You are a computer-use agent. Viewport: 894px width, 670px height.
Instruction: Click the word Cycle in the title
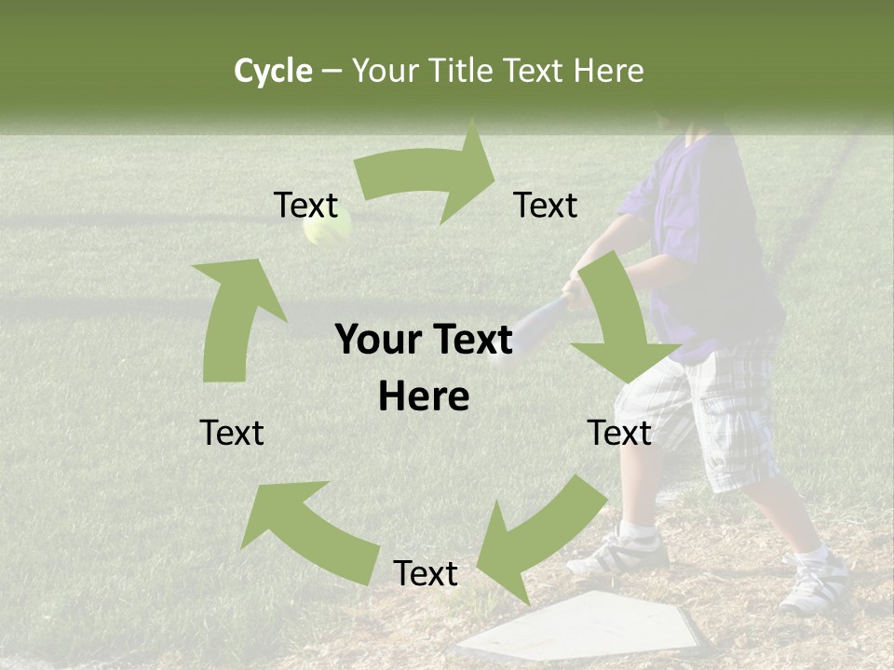[x=273, y=71]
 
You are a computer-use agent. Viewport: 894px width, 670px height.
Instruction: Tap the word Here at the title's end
[x=609, y=71]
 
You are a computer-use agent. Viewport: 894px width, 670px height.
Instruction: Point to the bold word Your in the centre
[x=376, y=341]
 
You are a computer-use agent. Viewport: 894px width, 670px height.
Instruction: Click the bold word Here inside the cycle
[x=424, y=397]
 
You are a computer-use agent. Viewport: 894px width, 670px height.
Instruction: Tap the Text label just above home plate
[x=426, y=574]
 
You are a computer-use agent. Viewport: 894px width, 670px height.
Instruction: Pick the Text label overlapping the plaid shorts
[x=619, y=433]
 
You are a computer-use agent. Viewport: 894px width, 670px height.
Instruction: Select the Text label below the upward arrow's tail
[x=232, y=433]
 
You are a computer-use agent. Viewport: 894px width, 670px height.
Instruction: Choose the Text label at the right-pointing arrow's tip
[x=546, y=206]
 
